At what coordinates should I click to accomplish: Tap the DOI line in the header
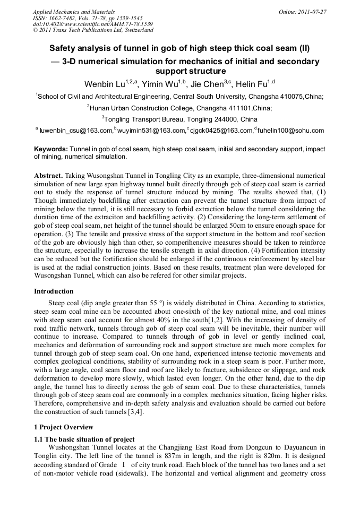[92, 24]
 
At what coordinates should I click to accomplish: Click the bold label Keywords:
[51, 150]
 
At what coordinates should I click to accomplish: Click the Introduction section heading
[54, 291]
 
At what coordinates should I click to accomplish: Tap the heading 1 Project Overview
[64, 427]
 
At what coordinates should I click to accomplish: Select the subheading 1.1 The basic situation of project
[84, 439]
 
